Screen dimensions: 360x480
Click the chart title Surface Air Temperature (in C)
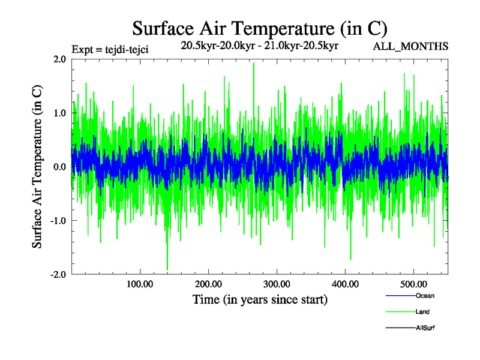tap(260, 28)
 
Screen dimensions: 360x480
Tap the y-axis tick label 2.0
tap(59, 59)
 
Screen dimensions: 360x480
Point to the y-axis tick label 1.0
tap(59, 113)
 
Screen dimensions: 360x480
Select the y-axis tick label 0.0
tap(59, 167)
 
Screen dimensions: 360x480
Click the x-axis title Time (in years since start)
tap(260, 299)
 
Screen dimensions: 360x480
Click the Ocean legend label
tap(425, 296)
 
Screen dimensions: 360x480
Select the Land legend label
tap(422, 312)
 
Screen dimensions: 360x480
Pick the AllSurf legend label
tap(425, 328)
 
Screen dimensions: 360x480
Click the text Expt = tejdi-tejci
tap(110, 49)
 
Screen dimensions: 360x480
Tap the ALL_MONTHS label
tap(410, 46)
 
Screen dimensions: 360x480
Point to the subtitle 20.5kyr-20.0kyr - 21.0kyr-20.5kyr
tap(260, 46)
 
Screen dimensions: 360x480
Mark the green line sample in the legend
tap(400, 312)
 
